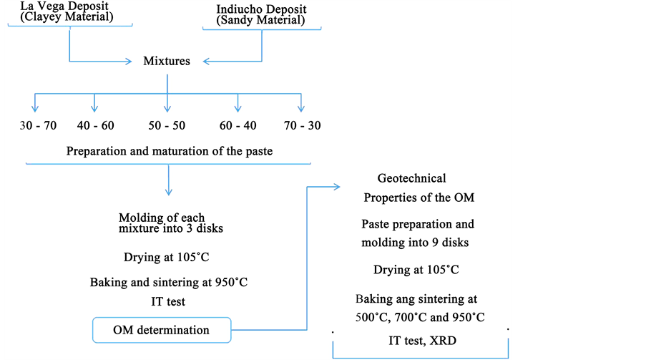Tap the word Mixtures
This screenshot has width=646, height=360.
(x=167, y=62)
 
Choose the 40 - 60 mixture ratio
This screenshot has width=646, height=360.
(x=95, y=126)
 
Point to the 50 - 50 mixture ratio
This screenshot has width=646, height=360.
(x=167, y=126)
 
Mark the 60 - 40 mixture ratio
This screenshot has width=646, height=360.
(x=238, y=126)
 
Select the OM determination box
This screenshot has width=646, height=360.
(x=162, y=330)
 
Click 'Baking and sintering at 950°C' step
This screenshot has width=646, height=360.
(x=169, y=282)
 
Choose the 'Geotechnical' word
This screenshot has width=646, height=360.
(x=411, y=178)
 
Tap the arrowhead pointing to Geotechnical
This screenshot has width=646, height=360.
(x=336, y=188)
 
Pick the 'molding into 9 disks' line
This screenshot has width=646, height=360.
(x=415, y=243)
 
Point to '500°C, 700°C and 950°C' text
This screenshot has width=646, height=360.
(x=420, y=316)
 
